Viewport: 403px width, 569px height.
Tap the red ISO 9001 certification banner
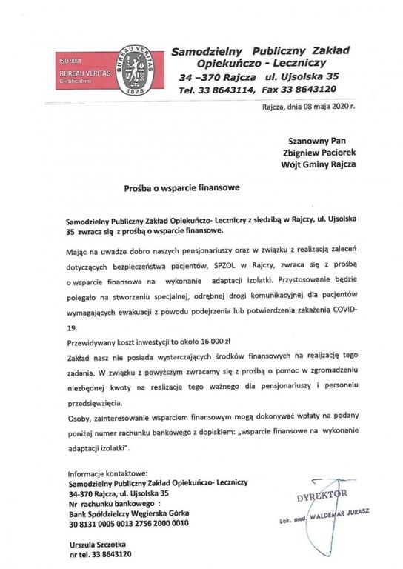click(81, 70)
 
